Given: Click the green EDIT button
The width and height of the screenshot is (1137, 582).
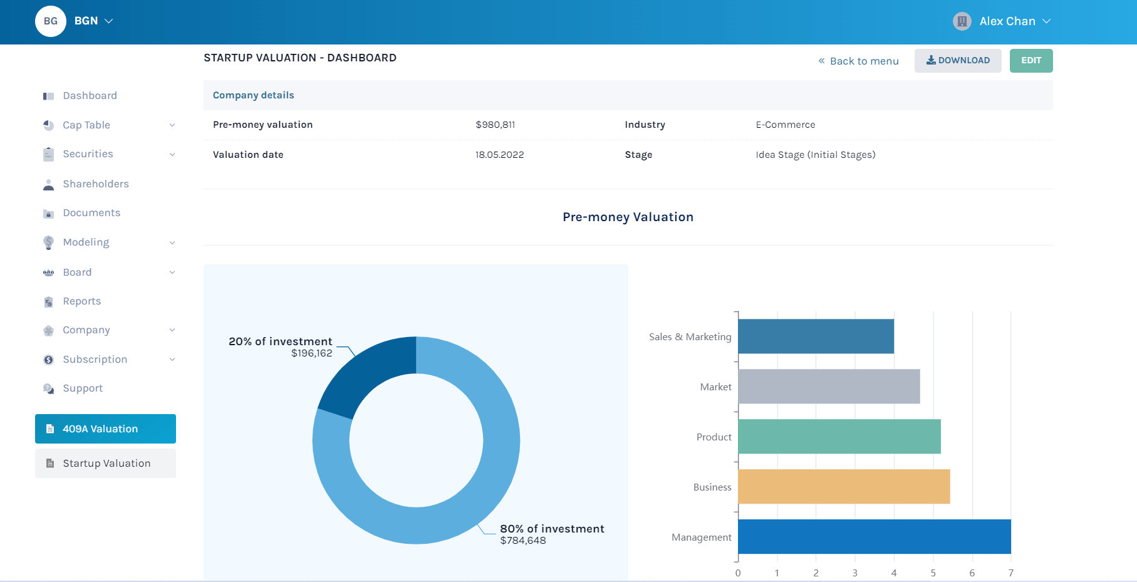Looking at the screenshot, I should tap(1031, 61).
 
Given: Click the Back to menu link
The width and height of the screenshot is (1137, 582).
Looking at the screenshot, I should tap(858, 61).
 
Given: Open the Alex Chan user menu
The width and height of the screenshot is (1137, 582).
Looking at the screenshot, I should tap(1002, 21).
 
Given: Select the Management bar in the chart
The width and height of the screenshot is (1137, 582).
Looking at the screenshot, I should tap(874, 537).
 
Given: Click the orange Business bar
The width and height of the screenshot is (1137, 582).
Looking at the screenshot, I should tap(843, 487).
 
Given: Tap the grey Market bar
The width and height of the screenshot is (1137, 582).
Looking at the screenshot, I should tap(828, 387).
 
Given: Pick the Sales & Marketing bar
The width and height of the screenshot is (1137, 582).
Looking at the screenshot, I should tap(816, 336).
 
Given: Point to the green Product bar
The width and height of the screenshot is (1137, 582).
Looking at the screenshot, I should tap(839, 437).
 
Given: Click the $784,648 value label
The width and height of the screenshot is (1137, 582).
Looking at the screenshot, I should tap(523, 541).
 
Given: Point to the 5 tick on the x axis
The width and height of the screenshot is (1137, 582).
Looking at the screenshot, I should tap(933, 573).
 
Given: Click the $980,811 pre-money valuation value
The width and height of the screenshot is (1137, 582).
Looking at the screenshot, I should tap(495, 125).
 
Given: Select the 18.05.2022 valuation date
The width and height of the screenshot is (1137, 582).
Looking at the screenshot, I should tap(499, 155).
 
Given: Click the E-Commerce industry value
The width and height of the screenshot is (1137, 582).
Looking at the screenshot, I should tap(785, 125).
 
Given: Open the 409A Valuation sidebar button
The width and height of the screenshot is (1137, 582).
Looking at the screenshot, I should tap(105, 429).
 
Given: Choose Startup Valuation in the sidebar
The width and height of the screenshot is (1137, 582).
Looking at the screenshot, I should tap(105, 463).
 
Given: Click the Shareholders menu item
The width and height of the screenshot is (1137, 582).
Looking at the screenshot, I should tap(95, 184).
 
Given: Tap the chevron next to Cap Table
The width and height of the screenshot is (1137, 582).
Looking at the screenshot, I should tap(172, 125).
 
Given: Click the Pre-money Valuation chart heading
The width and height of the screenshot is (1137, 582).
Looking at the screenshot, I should tap(628, 217).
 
